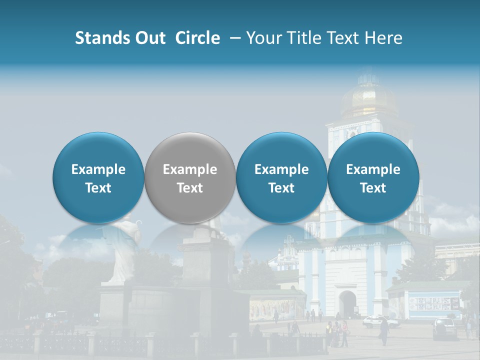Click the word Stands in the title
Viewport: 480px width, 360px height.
(102, 38)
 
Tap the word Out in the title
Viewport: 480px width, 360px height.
(149, 38)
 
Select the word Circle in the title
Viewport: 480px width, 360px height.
(197, 38)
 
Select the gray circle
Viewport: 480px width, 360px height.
(190, 178)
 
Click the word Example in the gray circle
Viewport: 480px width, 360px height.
(190, 169)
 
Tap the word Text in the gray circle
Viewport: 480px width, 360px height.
(190, 188)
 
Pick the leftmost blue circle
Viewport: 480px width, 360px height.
(98, 178)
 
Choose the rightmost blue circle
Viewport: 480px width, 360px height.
(373, 178)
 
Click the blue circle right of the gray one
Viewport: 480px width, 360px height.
(281, 178)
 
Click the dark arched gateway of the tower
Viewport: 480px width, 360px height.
(347, 303)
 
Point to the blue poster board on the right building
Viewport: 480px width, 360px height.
(433, 303)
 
